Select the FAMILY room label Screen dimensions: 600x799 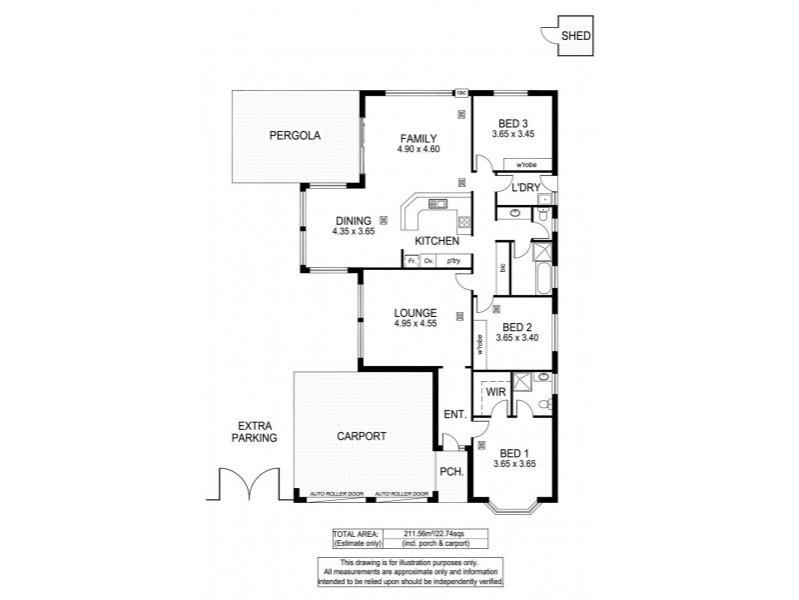click(x=418, y=138)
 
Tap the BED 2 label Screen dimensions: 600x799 click(x=516, y=326)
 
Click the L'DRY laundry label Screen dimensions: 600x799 click(x=525, y=187)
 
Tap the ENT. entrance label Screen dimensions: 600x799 click(x=454, y=413)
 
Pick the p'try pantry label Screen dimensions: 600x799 click(x=454, y=261)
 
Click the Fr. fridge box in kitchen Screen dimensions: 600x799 click(x=409, y=261)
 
